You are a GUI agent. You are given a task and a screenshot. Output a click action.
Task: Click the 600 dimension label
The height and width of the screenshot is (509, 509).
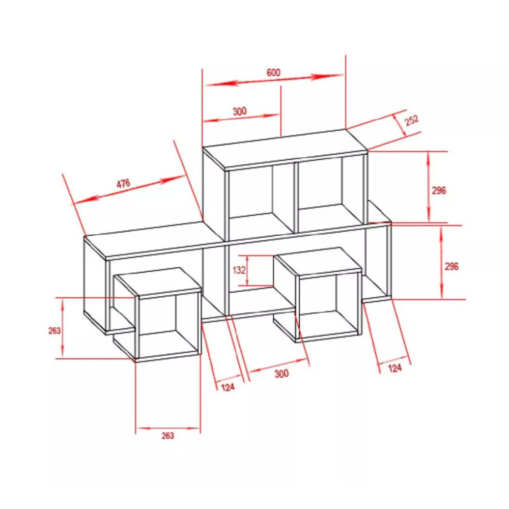tap(273, 72)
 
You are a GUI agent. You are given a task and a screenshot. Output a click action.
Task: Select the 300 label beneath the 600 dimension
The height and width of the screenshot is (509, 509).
tap(240, 111)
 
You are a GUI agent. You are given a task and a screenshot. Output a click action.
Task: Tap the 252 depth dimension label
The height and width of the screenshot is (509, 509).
tap(412, 120)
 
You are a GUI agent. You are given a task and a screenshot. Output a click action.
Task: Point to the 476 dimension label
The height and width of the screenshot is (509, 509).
tap(123, 183)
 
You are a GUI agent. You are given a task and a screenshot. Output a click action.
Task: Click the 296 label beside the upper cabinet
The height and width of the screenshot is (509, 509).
tap(439, 190)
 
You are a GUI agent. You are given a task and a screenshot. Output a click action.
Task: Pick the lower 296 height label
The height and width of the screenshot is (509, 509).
tap(451, 267)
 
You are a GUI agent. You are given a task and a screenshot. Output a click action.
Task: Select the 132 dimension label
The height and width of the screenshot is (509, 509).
tap(239, 270)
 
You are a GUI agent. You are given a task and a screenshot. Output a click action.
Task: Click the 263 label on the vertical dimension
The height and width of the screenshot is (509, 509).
tap(54, 330)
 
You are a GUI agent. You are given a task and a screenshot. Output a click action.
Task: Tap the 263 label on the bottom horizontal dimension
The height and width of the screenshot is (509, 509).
tap(168, 436)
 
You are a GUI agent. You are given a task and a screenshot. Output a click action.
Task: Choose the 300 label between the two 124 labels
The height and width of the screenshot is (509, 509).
tap(281, 374)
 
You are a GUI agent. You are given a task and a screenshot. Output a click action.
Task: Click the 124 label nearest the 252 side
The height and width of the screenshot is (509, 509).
tap(395, 368)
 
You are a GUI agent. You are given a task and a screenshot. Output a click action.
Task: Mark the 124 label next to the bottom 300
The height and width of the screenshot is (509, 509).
tap(228, 387)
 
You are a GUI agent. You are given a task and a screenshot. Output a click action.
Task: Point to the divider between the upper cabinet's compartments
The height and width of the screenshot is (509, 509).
tap(296, 197)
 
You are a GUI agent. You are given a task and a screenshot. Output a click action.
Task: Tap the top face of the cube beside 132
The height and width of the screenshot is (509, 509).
tap(317, 262)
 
